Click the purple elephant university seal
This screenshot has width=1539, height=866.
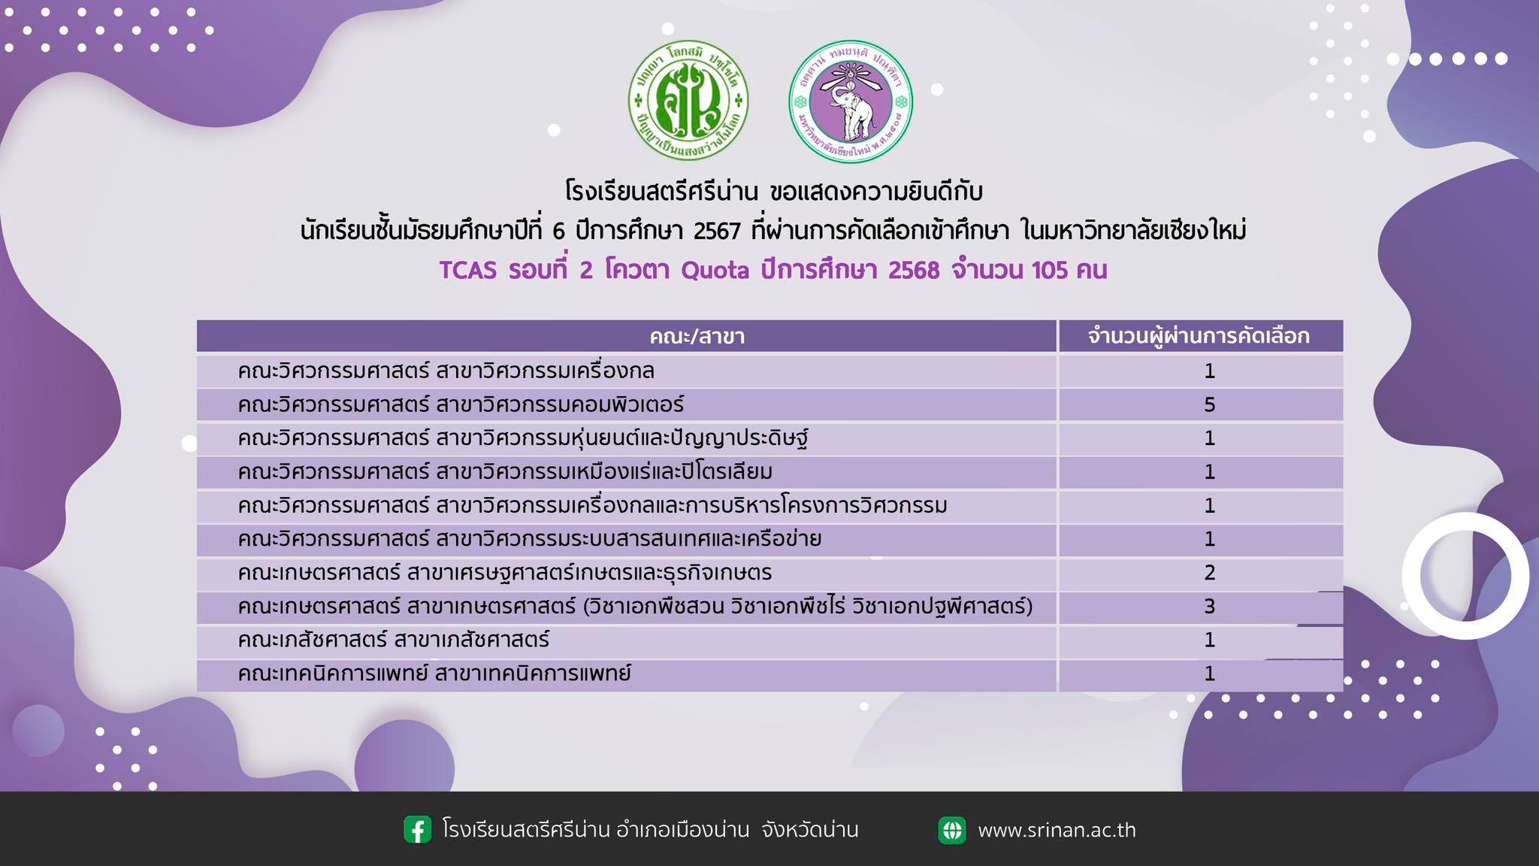[x=850, y=101]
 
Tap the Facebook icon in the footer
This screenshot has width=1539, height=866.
[x=418, y=830]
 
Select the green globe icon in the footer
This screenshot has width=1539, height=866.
[x=952, y=830]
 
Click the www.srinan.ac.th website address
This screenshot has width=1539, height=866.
[x=1057, y=830]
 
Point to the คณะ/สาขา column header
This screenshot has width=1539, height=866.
[x=697, y=336]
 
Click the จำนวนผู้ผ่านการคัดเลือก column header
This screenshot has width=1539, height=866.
[x=1199, y=336]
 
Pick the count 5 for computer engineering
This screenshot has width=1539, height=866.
[x=1209, y=404]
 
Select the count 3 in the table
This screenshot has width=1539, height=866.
[x=1209, y=606]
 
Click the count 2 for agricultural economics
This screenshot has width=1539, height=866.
[x=1209, y=573]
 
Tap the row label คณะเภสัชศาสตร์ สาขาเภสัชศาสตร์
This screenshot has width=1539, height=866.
[x=393, y=640]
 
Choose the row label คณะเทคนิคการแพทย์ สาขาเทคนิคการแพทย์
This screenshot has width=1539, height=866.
[x=434, y=673]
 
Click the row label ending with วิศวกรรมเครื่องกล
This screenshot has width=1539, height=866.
[x=446, y=371]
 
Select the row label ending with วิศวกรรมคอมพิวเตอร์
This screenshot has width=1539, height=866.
[x=461, y=404]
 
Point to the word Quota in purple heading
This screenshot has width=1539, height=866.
[x=715, y=270]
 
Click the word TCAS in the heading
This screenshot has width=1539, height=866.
[x=467, y=270]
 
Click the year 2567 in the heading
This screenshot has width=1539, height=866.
[x=717, y=230]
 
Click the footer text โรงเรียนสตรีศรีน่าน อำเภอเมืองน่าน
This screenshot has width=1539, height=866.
[x=596, y=830]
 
